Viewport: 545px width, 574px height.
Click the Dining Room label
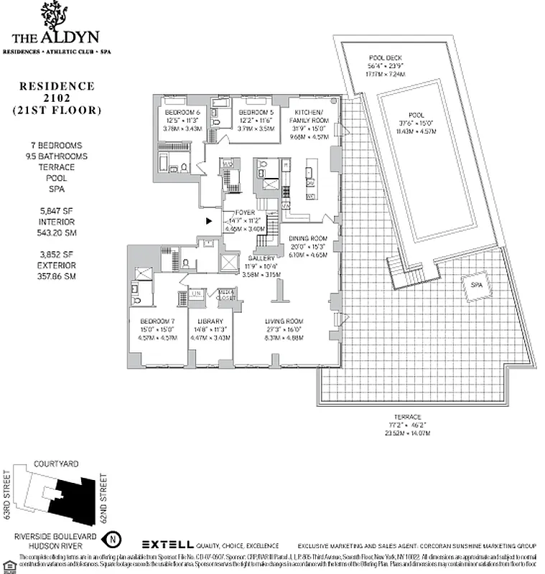click(308, 238)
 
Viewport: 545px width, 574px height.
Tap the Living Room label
click(283, 321)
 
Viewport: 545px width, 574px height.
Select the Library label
click(210, 321)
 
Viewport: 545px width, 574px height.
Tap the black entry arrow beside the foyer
click(209, 222)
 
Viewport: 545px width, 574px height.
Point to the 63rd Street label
click(8, 496)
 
